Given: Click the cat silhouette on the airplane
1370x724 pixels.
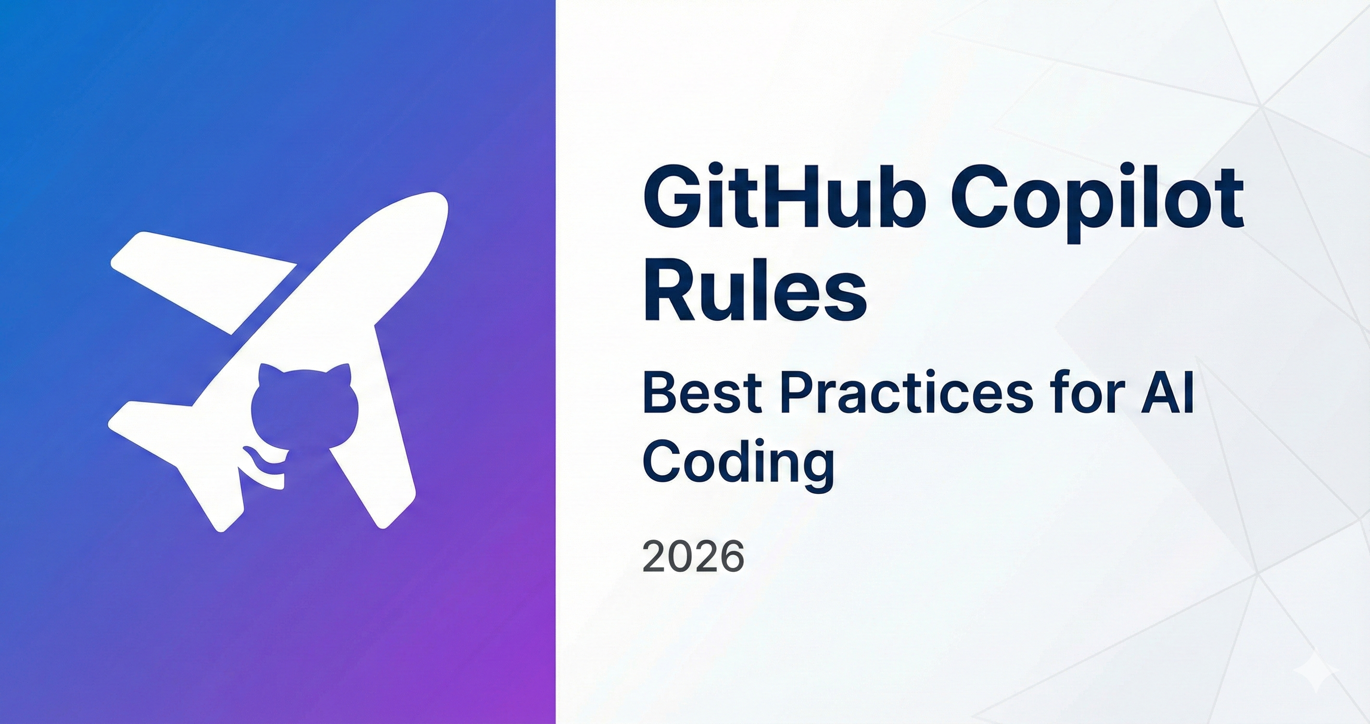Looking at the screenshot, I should pos(304,407).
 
